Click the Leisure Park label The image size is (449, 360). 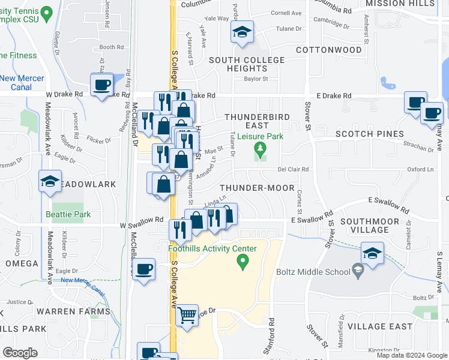(x=260, y=137)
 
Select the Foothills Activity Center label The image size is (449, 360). (x=211, y=249)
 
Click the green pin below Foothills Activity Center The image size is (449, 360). (x=243, y=261)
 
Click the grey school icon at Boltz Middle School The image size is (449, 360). (x=358, y=271)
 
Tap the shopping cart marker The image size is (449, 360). (x=187, y=315)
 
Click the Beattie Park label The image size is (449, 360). (x=68, y=214)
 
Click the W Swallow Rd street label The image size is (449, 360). (x=142, y=220)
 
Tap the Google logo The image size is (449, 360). (x=20, y=353)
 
